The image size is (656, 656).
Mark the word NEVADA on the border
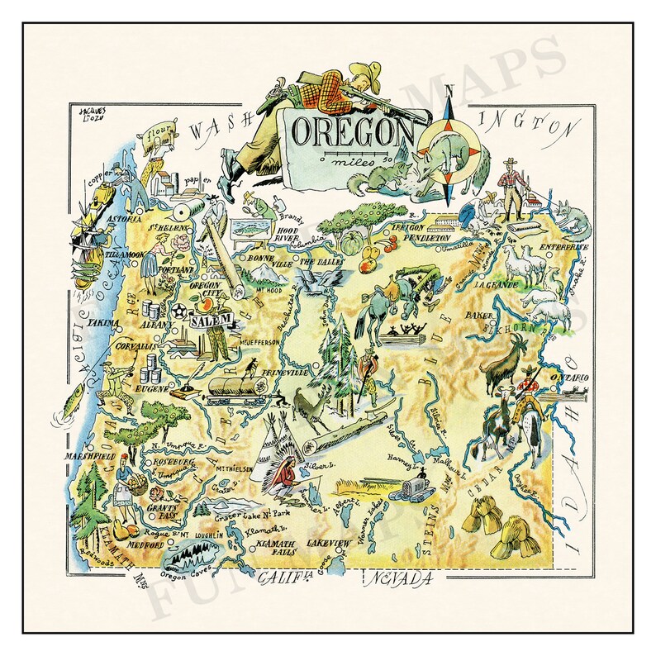point(402,579)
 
